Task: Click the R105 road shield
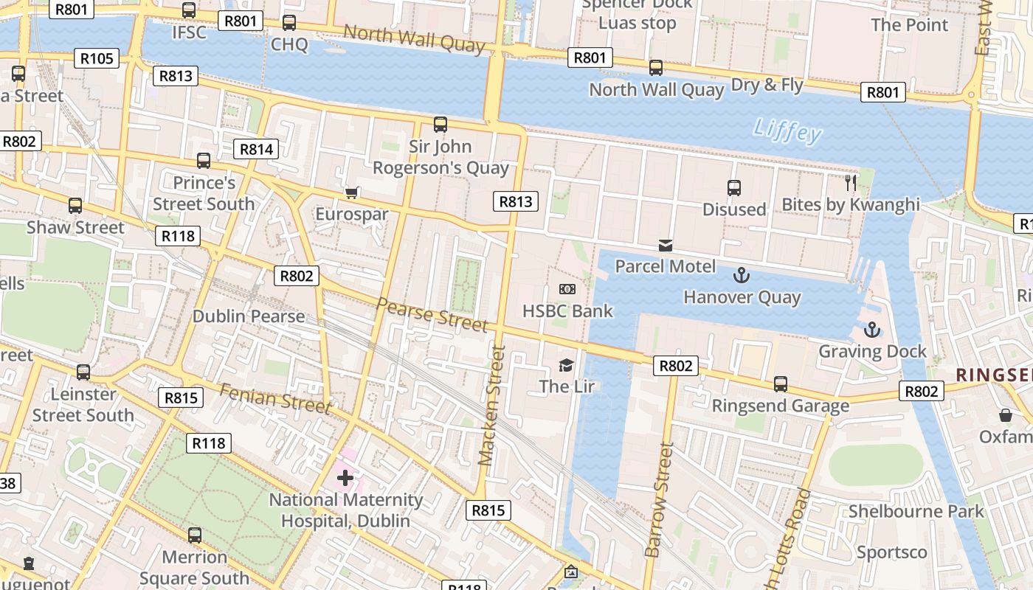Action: pyautogui.click(x=97, y=58)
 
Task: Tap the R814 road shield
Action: pyautogui.click(x=256, y=149)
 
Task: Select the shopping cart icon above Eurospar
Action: pyautogui.click(x=352, y=192)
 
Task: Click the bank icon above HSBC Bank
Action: pyautogui.click(x=567, y=289)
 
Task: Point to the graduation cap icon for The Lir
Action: pyautogui.click(x=566, y=365)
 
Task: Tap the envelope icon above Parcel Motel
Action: pyautogui.click(x=666, y=246)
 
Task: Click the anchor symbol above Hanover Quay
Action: pyautogui.click(x=741, y=276)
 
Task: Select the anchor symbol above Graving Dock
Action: pyautogui.click(x=872, y=330)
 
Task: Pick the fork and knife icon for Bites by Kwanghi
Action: pyautogui.click(x=851, y=182)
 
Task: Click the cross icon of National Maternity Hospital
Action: pyautogui.click(x=345, y=478)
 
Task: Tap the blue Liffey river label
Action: pyautogui.click(x=787, y=131)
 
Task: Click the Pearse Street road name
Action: pyautogui.click(x=432, y=314)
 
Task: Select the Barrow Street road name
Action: pyautogui.click(x=660, y=499)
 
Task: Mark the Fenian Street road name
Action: pyautogui.click(x=275, y=398)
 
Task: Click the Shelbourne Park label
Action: pyautogui.click(x=916, y=511)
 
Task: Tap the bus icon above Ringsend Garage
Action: pyautogui.click(x=780, y=384)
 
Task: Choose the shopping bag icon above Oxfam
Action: pyautogui.click(x=1005, y=415)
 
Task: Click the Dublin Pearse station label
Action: pyautogui.click(x=249, y=316)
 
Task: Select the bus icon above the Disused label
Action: pyautogui.click(x=733, y=188)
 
